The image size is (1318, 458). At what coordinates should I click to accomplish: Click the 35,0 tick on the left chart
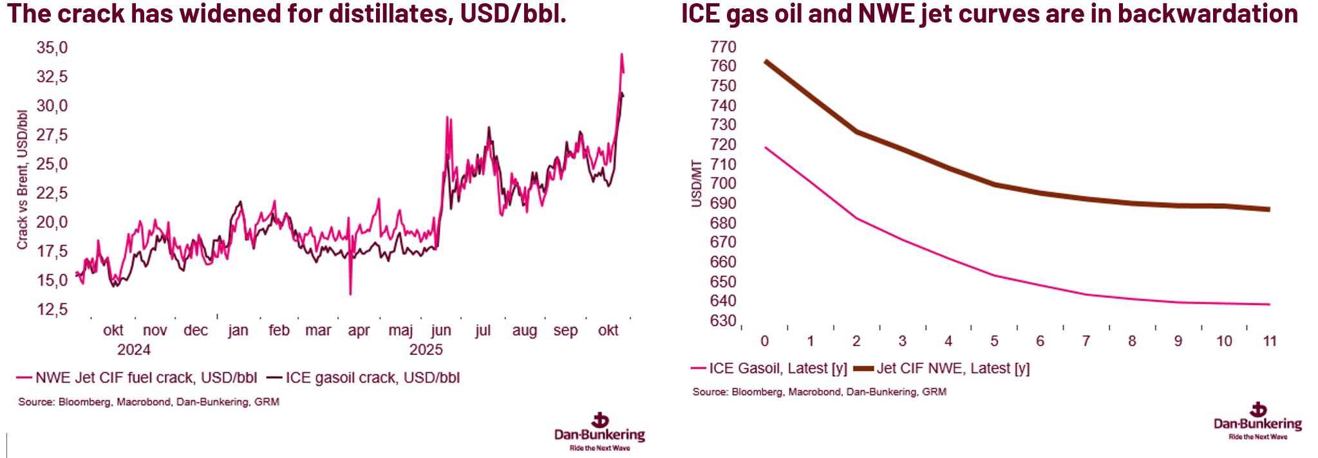[52, 48]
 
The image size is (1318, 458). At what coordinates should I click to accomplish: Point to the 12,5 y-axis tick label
[52, 309]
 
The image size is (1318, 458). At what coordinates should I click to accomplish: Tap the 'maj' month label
[400, 331]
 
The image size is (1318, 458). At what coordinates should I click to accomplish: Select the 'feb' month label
[279, 331]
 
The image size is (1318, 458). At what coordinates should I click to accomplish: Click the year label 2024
[134, 350]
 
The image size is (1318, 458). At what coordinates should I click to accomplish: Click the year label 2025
[426, 350]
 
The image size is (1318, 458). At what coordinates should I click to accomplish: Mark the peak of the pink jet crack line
[621, 54]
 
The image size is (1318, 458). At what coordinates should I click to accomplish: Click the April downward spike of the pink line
[350, 294]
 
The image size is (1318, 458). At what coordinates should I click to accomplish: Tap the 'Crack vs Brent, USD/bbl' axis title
[23, 180]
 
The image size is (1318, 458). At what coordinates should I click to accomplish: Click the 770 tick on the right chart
[723, 47]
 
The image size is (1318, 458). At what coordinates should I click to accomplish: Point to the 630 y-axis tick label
[723, 321]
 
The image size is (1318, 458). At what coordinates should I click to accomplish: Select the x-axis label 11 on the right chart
[1270, 341]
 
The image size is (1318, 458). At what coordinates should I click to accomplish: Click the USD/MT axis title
[696, 183]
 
